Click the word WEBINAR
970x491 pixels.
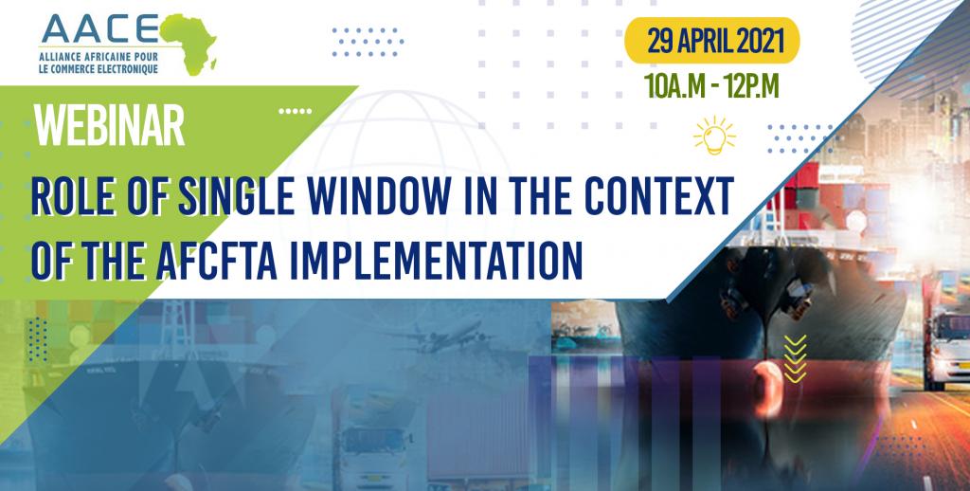coord(110,126)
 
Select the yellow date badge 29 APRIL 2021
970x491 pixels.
coord(712,41)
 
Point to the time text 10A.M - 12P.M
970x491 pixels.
coord(711,86)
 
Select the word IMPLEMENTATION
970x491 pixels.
coord(436,260)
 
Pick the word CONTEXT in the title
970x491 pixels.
coord(659,195)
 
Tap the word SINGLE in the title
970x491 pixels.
coord(236,195)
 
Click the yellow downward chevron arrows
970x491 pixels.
coord(795,358)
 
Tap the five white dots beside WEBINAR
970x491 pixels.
coord(296,112)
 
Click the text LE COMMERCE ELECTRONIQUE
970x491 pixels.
coord(99,69)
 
